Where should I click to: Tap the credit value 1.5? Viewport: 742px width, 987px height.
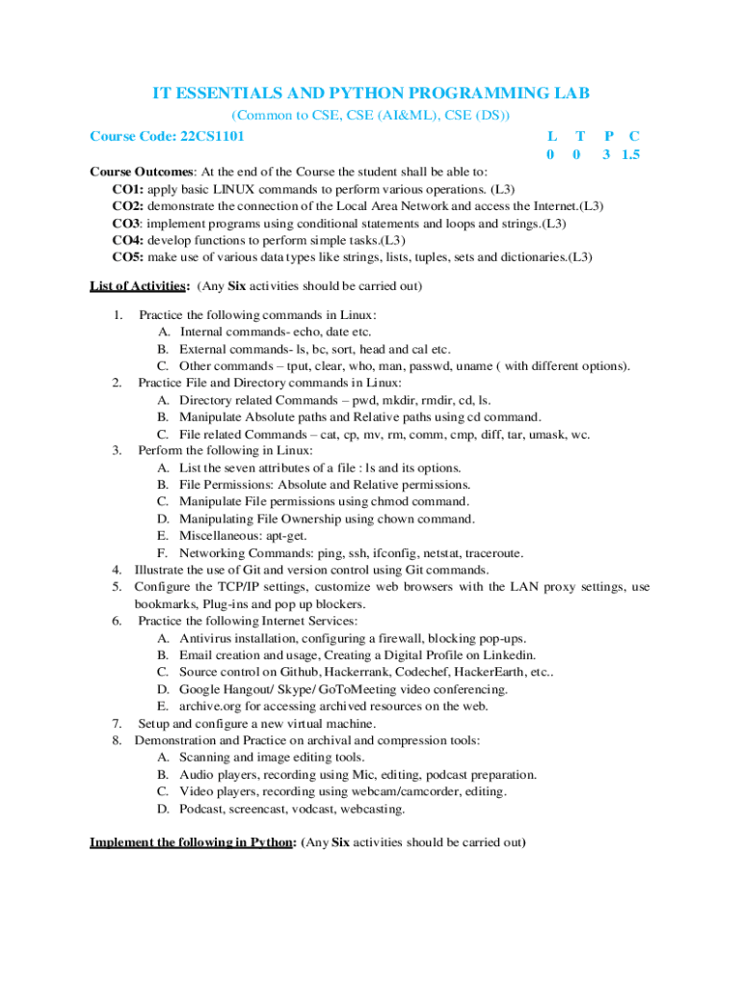tap(631, 154)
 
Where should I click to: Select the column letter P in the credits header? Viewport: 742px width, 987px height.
tap(608, 137)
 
